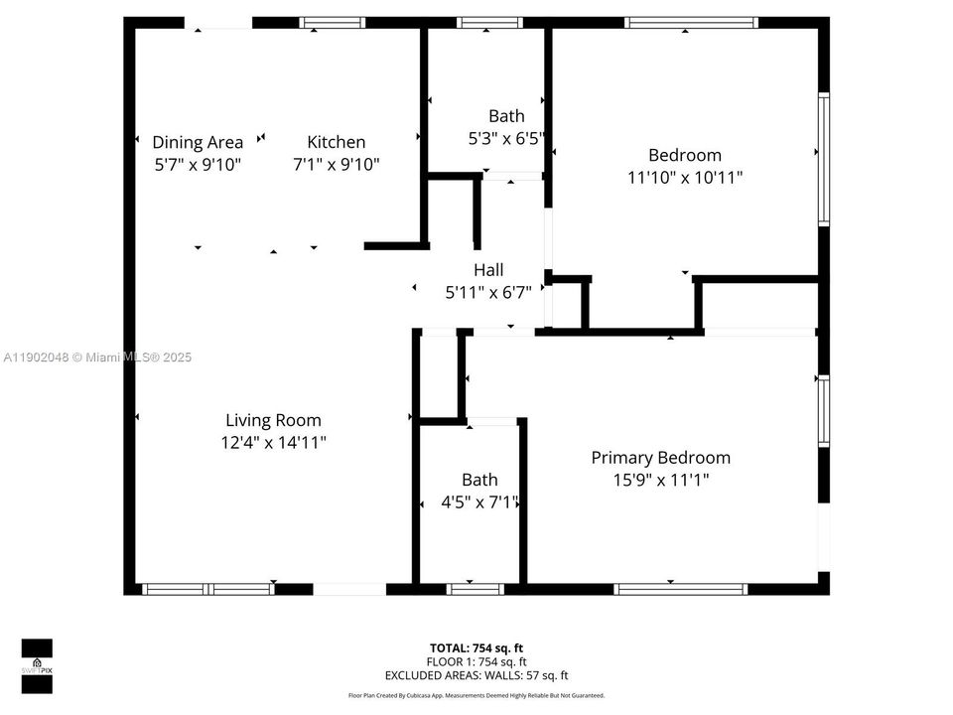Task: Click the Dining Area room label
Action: click(198, 142)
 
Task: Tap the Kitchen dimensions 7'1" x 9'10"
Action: click(336, 165)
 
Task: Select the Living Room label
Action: click(273, 420)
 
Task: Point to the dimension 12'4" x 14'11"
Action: click(273, 443)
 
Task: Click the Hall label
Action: click(488, 269)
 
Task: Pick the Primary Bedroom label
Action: click(660, 458)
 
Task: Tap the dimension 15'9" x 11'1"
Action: click(660, 481)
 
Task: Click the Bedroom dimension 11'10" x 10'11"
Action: click(685, 178)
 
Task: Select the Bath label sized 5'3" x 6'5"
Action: click(506, 116)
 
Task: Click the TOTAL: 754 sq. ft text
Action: click(476, 648)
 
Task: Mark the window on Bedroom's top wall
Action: click(692, 22)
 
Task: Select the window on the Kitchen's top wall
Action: click(333, 22)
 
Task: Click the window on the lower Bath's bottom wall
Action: click(476, 589)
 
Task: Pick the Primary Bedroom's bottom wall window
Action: click(681, 589)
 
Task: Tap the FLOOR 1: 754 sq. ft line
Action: click(476, 661)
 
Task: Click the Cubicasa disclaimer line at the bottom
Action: click(476, 695)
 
